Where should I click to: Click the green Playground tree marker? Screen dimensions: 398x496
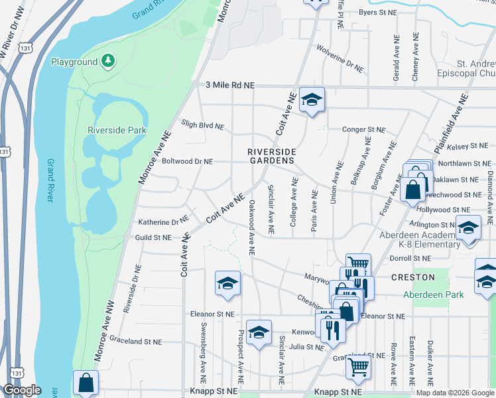[x=107, y=62]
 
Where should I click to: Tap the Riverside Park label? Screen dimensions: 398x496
[x=117, y=131]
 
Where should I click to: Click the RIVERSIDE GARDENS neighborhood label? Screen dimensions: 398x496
[x=271, y=156]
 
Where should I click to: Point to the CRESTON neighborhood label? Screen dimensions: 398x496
[x=412, y=277]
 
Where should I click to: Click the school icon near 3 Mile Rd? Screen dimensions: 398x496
[x=311, y=100]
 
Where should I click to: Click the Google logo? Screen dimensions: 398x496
[x=23, y=389]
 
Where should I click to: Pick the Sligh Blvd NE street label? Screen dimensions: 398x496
[x=202, y=125]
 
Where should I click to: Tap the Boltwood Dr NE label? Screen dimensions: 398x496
[x=188, y=161]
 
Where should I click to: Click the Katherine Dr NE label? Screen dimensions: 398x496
[x=163, y=222]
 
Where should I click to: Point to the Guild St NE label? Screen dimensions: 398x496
[x=153, y=237]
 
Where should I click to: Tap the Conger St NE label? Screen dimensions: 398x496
[x=363, y=129]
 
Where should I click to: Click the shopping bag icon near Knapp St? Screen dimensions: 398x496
[x=86, y=383]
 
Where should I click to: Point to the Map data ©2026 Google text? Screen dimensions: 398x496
[x=455, y=392]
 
